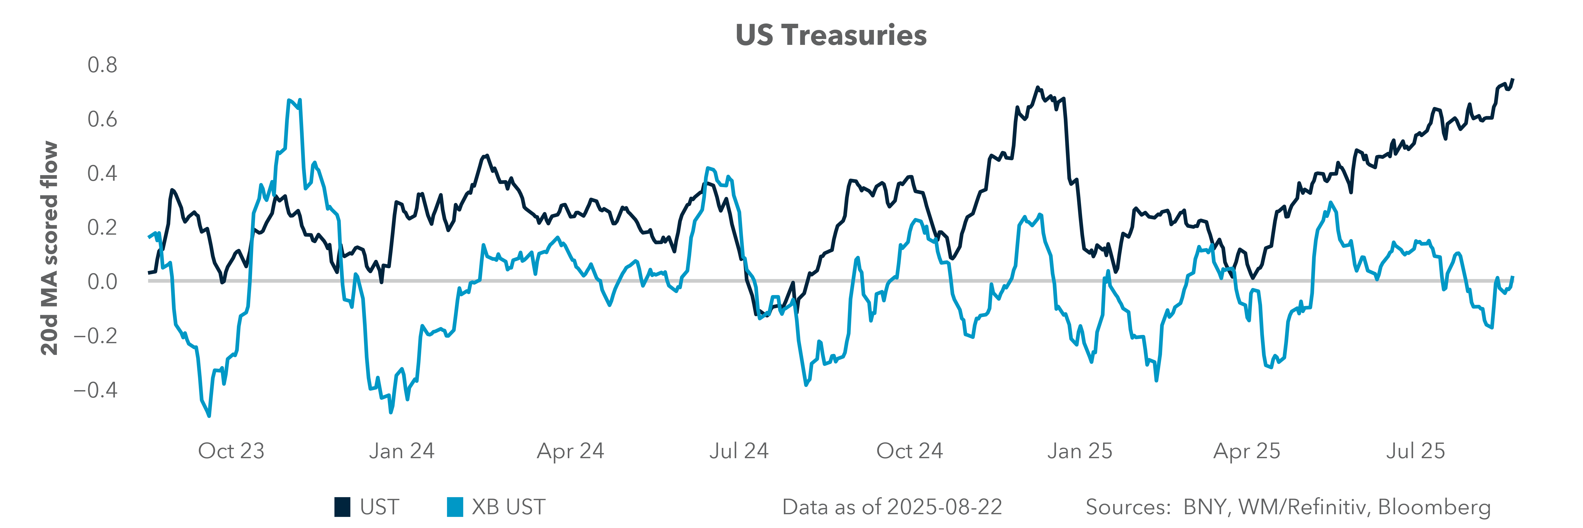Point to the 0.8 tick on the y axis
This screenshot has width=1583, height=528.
102,65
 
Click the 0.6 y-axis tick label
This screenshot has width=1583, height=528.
102,119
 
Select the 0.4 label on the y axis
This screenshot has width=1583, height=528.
102,173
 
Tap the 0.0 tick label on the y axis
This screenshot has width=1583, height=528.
102,282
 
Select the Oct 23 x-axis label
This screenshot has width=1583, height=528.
231,451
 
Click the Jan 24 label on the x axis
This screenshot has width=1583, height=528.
401,451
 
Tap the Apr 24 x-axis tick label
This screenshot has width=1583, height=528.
570,451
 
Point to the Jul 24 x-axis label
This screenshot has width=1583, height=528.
739,451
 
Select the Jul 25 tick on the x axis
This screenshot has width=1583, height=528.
1415,451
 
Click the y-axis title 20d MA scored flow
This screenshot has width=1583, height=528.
49,248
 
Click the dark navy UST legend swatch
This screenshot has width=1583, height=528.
342,507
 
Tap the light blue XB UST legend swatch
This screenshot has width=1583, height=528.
455,507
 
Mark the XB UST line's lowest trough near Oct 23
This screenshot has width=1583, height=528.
209,416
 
